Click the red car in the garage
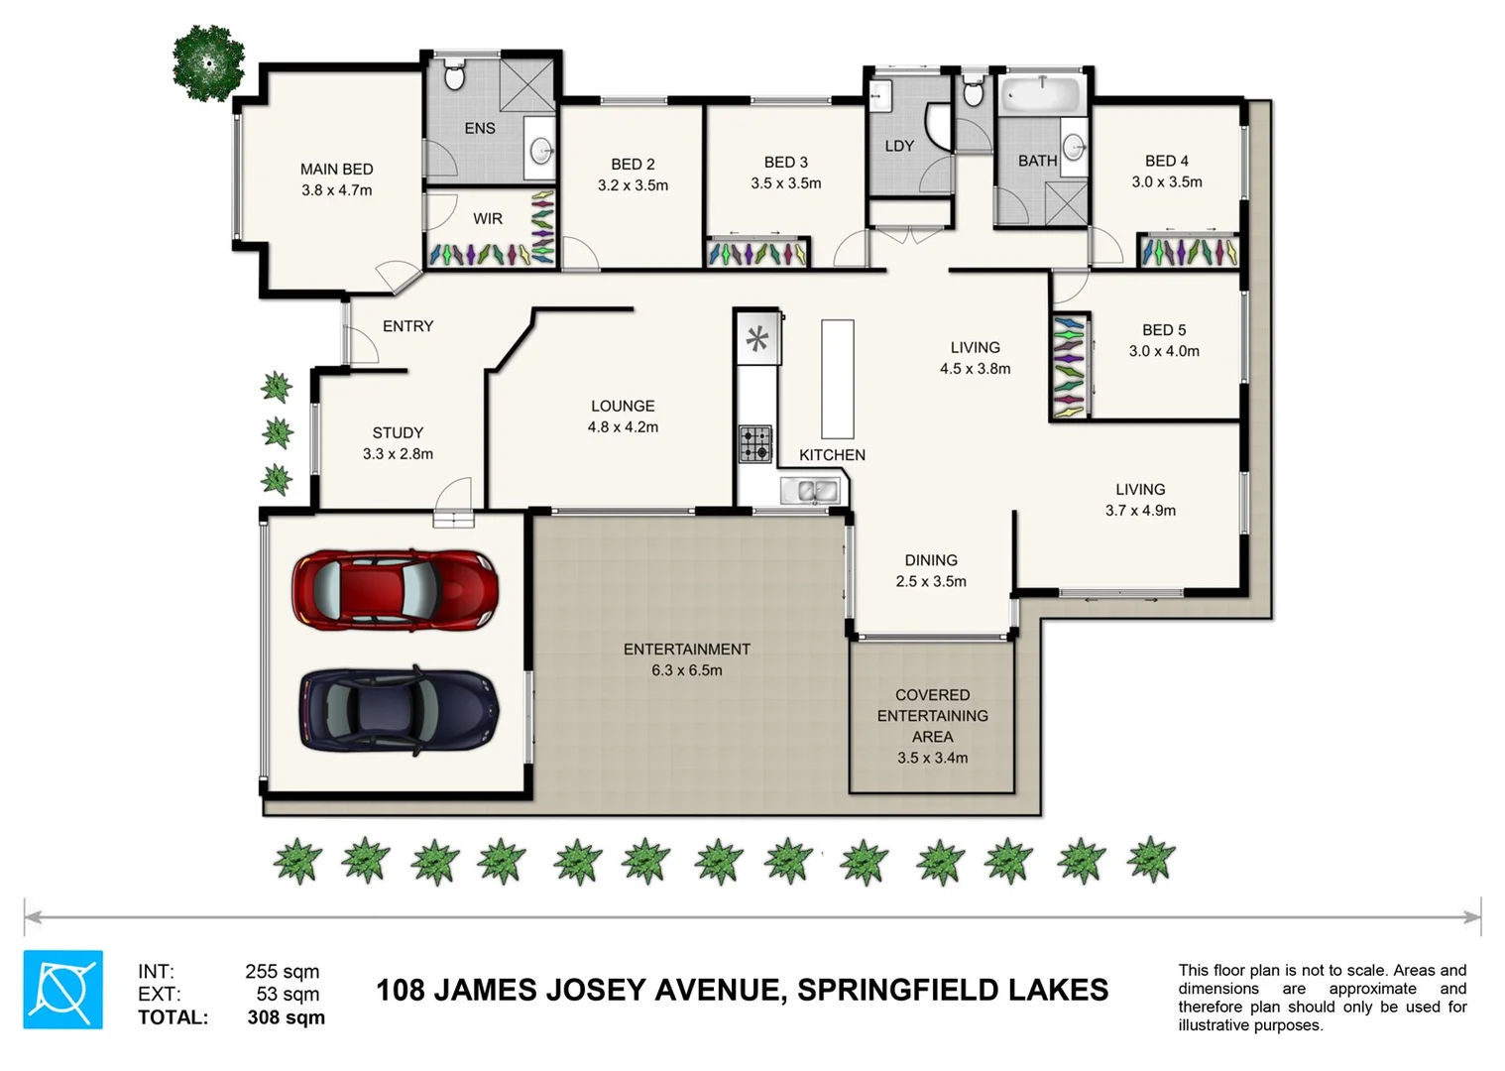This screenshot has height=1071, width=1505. pyautogui.click(x=395, y=590)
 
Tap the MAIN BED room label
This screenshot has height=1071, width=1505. pyautogui.click(x=337, y=170)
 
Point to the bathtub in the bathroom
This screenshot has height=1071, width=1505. pyautogui.click(x=1039, y=96)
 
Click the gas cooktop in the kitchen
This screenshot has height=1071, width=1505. pyautogui.click(x=755, y=444)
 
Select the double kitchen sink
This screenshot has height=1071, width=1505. pyautogui.click(x=811, y=490)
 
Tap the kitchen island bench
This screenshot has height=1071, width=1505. pyautogui.click(x=838, y=378)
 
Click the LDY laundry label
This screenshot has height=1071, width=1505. pyautogui.click(x=899, y=146)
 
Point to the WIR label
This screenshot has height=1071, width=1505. pyautogui.click(x=488, y=218)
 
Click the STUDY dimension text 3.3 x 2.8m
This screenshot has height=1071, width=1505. pyautogui.click(x=398, y=454)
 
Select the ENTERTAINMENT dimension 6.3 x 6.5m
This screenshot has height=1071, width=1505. pyautogui.click(x=687, y=670)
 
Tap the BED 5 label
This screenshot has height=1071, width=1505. pyautogui.click(x=1164, y=330)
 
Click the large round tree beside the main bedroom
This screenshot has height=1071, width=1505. pyautogui.click(x=208, y=63)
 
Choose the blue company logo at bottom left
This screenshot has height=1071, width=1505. pyautogui.click(x=63, y=990)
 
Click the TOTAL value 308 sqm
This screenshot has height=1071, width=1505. pyautogui.click(x=286, y=1017)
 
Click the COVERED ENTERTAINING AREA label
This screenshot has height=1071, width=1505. pyautogui.click(x=932, y=716)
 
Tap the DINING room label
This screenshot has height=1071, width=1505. pyautogui.click(x=931, y=560)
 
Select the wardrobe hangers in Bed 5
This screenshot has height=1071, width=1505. pyautogui.click(x=1068, y=366)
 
